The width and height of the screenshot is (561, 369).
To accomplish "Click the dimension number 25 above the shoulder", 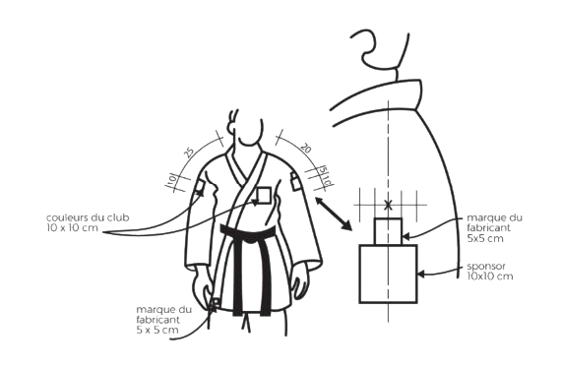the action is pyautogui.click(x=189, y=153).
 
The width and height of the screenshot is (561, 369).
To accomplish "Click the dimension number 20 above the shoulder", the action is pyautogui.click(x=305, y=148).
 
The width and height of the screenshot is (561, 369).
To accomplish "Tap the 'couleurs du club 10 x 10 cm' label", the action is pyautogui.click(x=88, y=222).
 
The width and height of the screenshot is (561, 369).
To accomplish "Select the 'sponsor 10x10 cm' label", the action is pyautogui.click(x=490, y=271).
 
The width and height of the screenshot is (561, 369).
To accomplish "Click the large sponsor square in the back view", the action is pyautogui.click(x=388, y=274).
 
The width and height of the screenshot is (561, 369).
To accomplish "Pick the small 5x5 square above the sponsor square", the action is pyautogui.click(x=388, y=231).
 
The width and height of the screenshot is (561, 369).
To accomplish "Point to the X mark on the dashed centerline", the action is pyautogui.click(x=388, y=206).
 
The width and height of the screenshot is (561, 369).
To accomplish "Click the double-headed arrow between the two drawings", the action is pyautogui.click(x=334, y=214).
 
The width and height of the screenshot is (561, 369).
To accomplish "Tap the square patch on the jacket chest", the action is pyautogui.click(x=264, y=195).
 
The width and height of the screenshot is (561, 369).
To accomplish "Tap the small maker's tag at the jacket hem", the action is pyautogui.click(x=216, y=302).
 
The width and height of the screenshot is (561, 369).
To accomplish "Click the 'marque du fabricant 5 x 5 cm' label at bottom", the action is pyautogui.click(x=163, y=320).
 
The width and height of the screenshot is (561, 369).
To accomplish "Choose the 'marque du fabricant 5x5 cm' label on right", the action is pyautogui.click(x=494, y=227).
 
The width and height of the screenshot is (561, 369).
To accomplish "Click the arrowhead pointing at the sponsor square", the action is pyautogui.click(x=421, y=275).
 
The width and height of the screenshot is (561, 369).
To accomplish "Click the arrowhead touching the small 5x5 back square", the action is pyautogui.click(x=406, y=236).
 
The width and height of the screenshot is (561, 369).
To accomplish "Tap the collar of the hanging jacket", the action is pyautogui.click(x=376, y=95).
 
